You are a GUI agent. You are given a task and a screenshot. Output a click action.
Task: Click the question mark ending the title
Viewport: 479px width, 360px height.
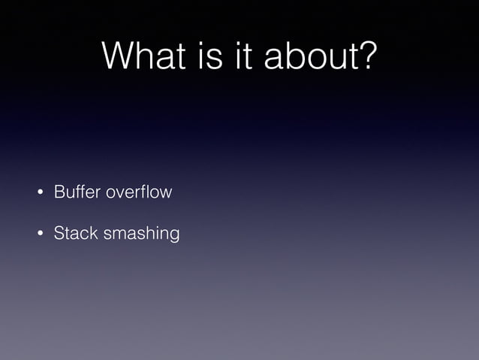pyautogui.click(x=365, y=56)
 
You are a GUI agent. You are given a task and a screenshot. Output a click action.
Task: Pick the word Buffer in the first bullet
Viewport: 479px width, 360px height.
pyautogui.click(x=77, y=192)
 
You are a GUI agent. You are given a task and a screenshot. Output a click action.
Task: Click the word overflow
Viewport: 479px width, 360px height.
pyautogui.click(x=139, y=192)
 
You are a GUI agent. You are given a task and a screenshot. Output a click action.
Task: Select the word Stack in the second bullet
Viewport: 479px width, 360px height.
pyautogui.click(x=75, y=234)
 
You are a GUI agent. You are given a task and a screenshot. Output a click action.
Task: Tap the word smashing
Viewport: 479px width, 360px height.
pyautogui.click(x=142, y=234)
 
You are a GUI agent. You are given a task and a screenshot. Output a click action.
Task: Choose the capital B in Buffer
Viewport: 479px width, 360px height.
pyautogui.click(x=59, y=192)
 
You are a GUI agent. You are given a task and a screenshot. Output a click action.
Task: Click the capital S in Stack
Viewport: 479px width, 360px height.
pyautogui.click(x=59, y=234)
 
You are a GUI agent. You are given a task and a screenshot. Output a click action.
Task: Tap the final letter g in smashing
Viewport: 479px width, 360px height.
pyautogui.click(x=174, y=236)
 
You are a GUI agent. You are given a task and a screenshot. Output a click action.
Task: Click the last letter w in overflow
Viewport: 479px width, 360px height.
pyautogui.click(x=166, y=193)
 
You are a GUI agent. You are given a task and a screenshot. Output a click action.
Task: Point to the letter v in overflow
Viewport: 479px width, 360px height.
pyautogui.click(x=119, y=193)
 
